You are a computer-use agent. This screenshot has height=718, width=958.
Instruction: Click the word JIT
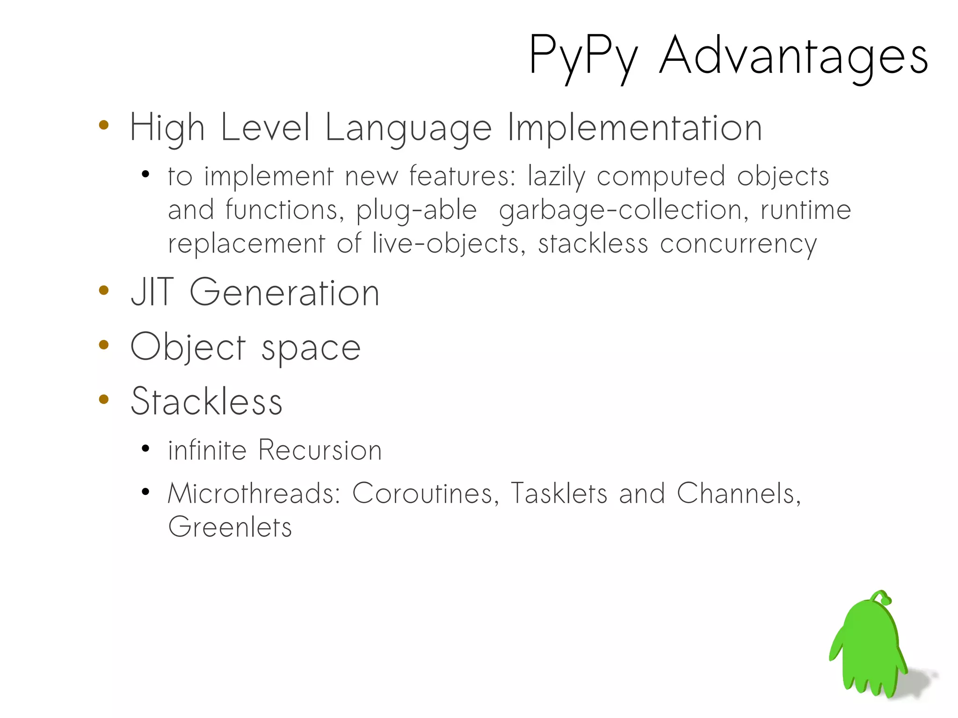coord(152,292)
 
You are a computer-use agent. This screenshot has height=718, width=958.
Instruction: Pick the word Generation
coord(284,292)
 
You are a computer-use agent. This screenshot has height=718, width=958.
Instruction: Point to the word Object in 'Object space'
coord(188,348)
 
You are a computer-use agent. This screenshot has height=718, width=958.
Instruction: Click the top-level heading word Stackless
coord(206,401)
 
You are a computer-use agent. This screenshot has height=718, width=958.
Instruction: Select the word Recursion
coord(320,450)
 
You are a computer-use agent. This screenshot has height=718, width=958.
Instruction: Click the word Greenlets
coord(230,527)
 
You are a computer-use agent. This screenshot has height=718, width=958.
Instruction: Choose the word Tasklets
coord(559,493)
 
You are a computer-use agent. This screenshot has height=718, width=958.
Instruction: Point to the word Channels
coord(739,493)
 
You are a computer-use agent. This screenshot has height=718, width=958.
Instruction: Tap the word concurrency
coord(738,244)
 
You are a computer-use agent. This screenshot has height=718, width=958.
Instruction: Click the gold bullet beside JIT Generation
coord(104,290)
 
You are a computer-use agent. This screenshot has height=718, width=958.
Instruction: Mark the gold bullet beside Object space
coord(104,345)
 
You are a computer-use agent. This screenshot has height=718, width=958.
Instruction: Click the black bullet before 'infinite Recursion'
coord(145,449)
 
